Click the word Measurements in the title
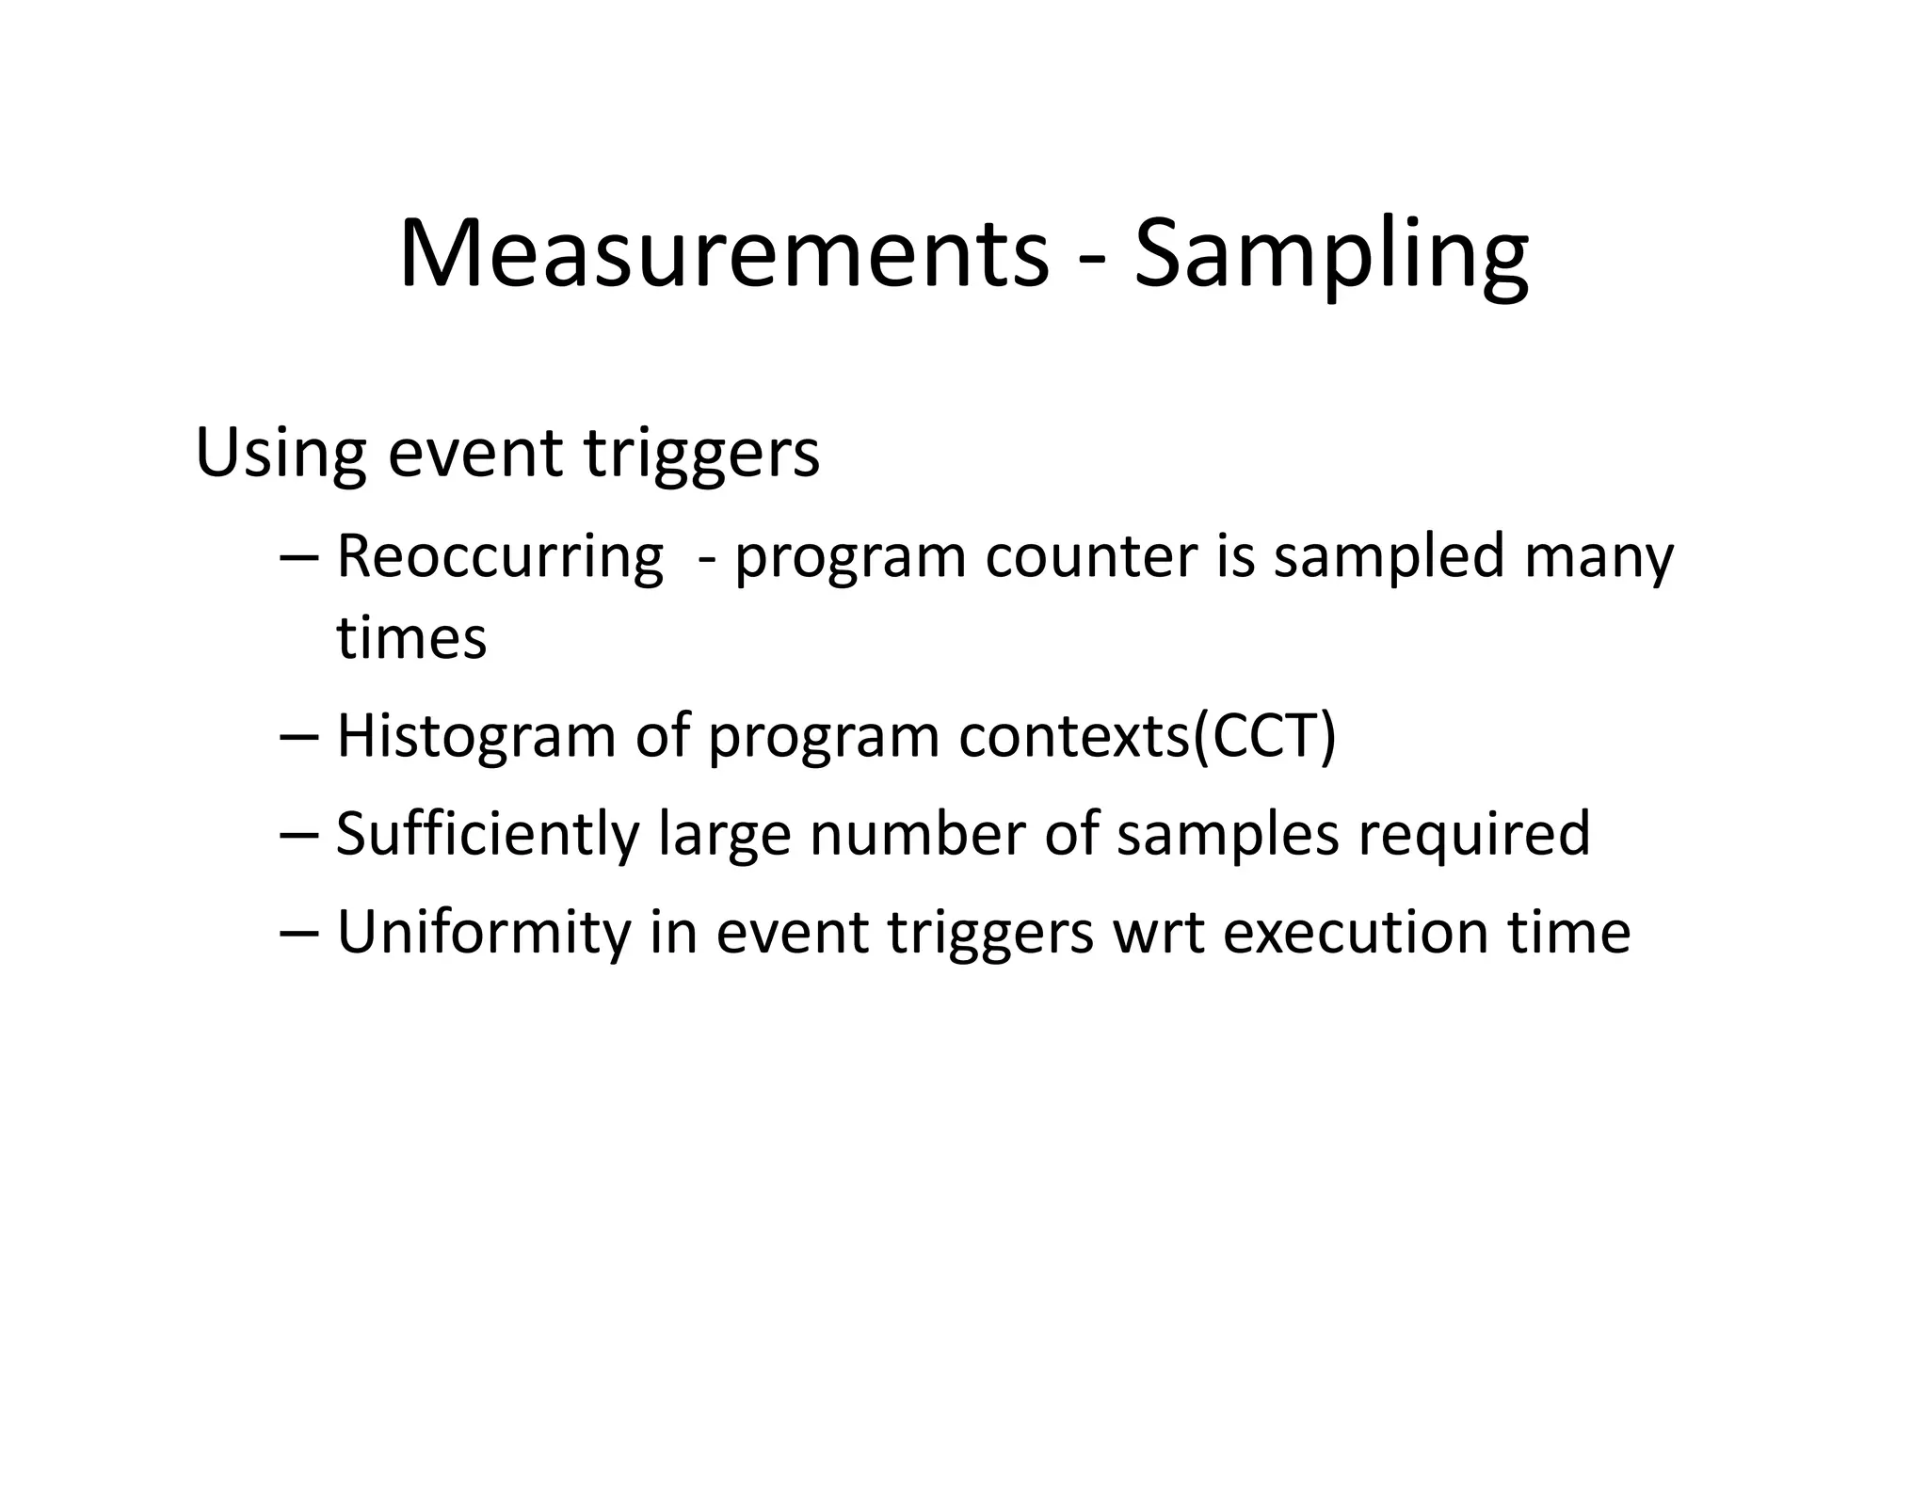point(723,254)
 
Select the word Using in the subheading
point(280,454)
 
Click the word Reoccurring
point(500,557)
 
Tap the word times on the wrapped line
point(411,638)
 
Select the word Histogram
point(475,736)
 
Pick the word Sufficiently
point(487,834)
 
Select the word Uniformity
point(482,932)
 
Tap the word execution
point(1356,932)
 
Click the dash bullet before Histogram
point(300,738)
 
